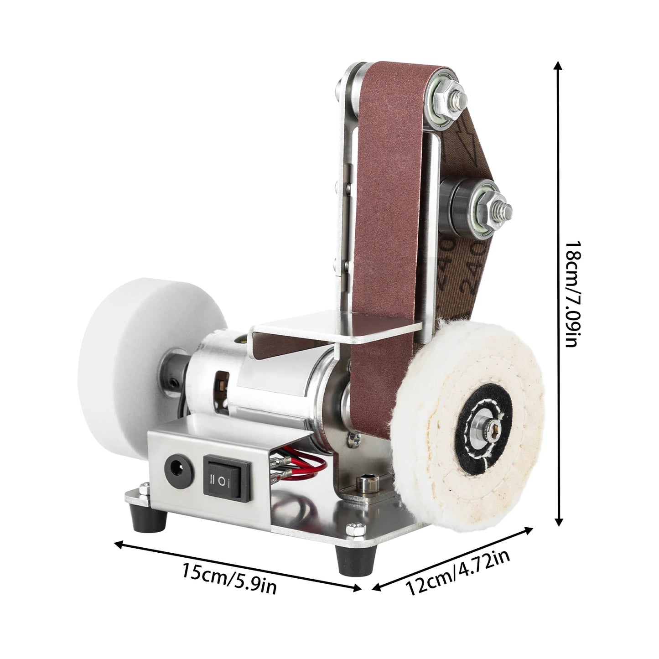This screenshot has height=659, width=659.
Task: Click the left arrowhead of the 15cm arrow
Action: point(118,543)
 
